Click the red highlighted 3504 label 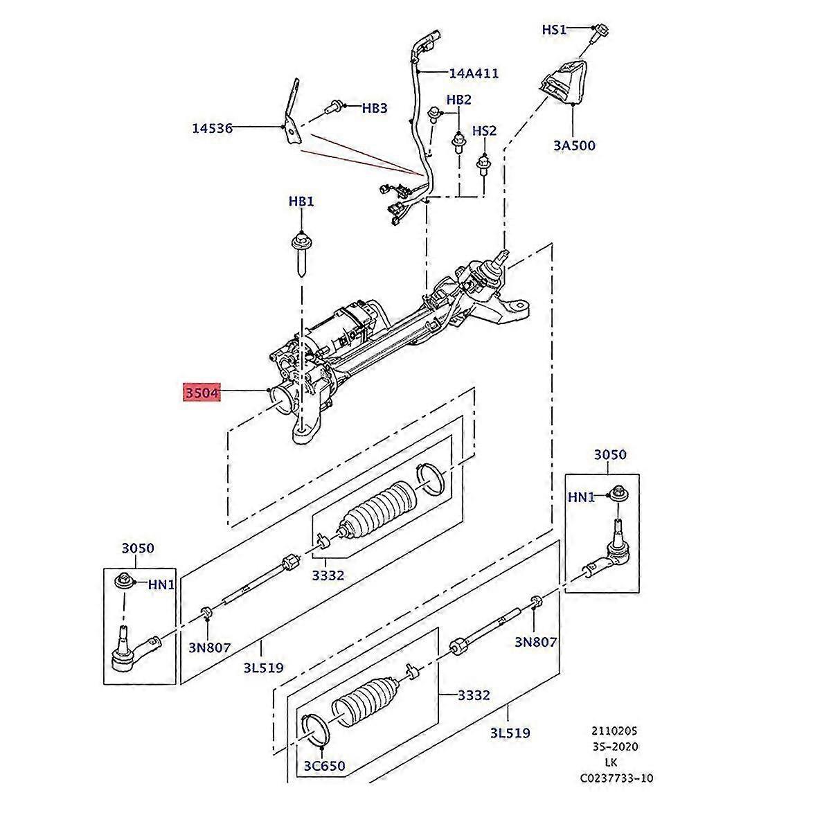[202, 393]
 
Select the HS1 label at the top [554, 29]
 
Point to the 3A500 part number [574, 145]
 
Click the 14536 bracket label [212, 128]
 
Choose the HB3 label [375, 108]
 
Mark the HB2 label [458, 100]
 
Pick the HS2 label [484, 131]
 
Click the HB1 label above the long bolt [301, 202]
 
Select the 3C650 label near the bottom [323, 767]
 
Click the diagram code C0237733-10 [616, 778]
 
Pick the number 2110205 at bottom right [614, 731]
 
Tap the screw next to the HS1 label [600, 32]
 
